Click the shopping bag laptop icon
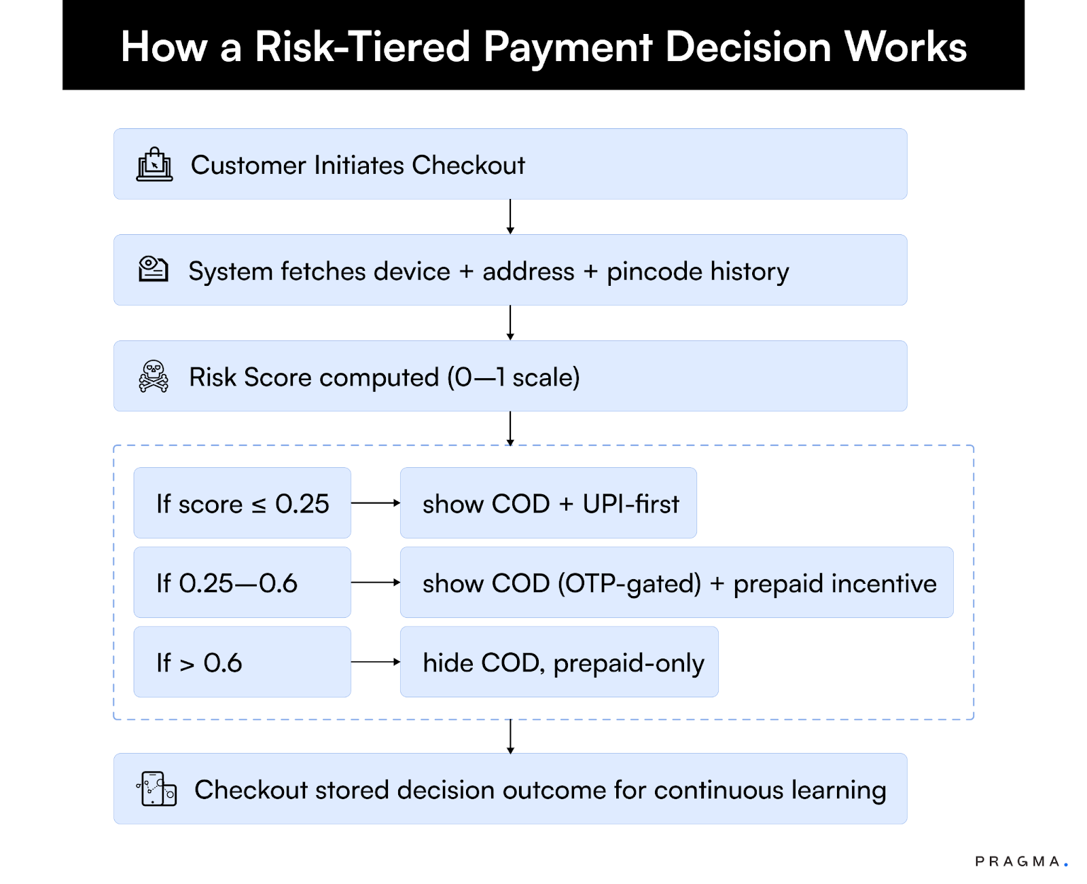click(x=155, y=164)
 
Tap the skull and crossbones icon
click(x=154, y=376)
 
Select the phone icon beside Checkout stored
click(x=156, y=789)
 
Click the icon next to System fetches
click(x=153, y=270)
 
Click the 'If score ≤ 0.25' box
click(x=242, y=503)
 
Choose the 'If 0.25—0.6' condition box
click(x=242, y=583)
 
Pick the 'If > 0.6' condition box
click(x=242, y=662)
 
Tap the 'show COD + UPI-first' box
click(x=548, y=503)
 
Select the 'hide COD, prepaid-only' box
click(x=559, y=662)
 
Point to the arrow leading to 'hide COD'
click(x=376, y=662)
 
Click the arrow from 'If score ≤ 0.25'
click(x=376, y=503)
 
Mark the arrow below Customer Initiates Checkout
click(x=510, y=217)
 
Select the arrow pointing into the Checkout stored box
click(x=510, y=737)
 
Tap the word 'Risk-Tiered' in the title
click(x=362, y=47)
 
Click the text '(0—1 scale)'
click(x=514, y=377)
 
